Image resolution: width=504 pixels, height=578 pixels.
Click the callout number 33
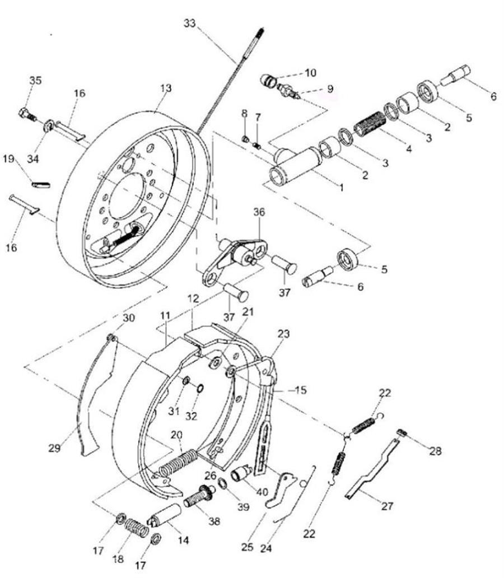click(x=189, y=23)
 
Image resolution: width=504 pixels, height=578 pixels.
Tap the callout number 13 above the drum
click(x=166, y=88)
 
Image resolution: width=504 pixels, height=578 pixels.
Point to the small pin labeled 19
click(x=41, y=184)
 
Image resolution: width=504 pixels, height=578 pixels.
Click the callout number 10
click(x=310, y=73)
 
